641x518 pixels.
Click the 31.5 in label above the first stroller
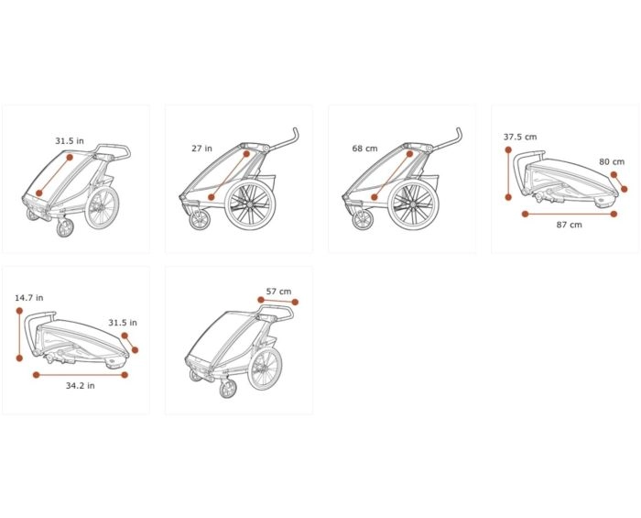tap(70, 141)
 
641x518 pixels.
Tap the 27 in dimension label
tap(202, 149)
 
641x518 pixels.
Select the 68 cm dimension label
tap(364, 149)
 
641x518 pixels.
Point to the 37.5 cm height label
tap(520, 138)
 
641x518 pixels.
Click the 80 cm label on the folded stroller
tap(612, 161)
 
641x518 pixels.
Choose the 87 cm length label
tap(569, 225)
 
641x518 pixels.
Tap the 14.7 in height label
tap(29, 298)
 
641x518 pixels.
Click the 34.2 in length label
tap(81, 385)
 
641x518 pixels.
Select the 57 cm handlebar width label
tap(278, 292)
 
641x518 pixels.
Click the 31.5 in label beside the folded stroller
tap(123, 323)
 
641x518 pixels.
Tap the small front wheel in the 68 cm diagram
tap(363, 220)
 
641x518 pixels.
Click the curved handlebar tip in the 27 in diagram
tap(296, 131)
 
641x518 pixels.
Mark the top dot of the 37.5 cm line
tap(508, 149)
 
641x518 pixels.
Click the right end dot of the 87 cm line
tap(614, 214)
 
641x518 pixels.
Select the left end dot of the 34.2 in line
tap(37, 375)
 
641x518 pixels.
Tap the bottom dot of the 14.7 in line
tap(19, 358)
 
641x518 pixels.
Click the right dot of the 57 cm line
tap(295, 302)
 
